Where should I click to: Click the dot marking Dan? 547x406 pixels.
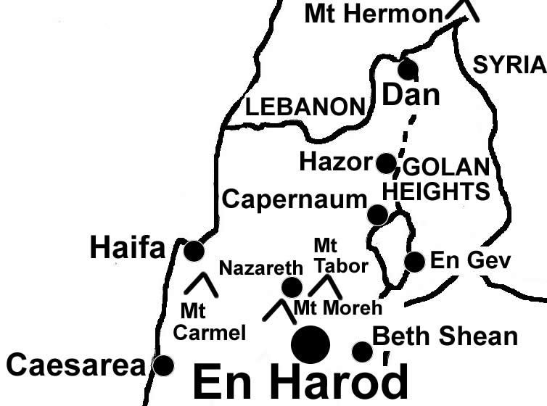408,70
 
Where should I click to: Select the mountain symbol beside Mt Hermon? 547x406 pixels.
462,9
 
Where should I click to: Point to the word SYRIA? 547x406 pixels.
509,65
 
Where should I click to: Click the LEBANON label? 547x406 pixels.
304,107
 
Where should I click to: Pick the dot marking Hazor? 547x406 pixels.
386,162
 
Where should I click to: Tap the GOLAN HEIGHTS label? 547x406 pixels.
436,180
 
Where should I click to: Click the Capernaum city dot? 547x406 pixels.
377,215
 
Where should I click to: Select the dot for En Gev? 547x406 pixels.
414,262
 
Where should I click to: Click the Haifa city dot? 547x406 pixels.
194,251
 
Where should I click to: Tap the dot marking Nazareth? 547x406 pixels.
292,287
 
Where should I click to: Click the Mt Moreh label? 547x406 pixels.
337,308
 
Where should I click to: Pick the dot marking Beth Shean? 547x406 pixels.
362,352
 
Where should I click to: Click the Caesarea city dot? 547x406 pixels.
164,365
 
